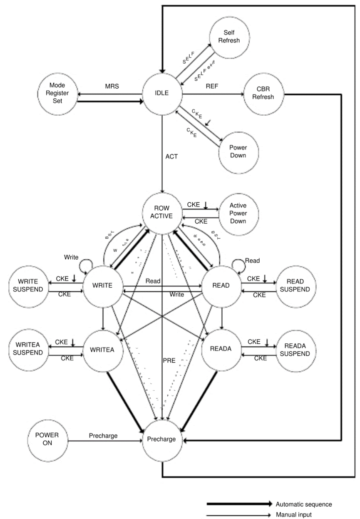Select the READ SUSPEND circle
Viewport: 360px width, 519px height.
coord(296,286)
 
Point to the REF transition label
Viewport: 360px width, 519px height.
coord(212,87)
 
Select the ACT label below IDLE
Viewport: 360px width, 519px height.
coord(171,156)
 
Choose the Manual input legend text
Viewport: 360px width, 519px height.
coord(293,514)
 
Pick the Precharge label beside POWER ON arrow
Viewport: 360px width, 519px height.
coord(103,436)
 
